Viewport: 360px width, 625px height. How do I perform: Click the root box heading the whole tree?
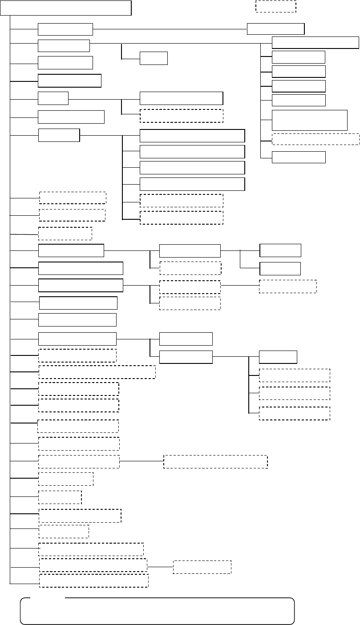coord(66,8)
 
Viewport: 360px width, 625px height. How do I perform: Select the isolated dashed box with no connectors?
coord(275,6)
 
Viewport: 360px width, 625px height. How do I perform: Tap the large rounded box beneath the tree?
coord(157,611)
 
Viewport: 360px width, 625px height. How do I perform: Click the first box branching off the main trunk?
coord(65,29)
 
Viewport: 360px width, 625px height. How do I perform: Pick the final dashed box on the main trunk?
coord(93,581)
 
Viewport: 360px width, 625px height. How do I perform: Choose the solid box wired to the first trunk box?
coord(275,28)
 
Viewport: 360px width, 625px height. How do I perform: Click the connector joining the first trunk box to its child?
coord(169,29)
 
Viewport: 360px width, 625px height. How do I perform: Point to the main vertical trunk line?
coord(9,311)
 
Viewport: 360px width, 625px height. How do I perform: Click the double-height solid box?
coord(309,120)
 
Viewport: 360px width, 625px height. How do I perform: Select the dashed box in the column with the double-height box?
coord(315,139)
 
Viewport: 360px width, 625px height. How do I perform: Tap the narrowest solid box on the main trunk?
coord(53,98)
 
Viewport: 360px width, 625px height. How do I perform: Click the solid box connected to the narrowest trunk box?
coord(181,98)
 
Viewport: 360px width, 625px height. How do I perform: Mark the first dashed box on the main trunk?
coord(73,198)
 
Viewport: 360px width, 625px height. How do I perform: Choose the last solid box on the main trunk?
coord(77,339)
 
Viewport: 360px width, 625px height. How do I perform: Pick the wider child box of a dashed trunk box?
coord(215,462)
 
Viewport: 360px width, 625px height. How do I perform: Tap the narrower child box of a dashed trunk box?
coord(202,567)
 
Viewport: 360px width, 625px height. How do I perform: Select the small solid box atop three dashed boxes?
coord(278,357)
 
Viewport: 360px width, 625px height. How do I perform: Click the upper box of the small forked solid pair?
coord(280,250)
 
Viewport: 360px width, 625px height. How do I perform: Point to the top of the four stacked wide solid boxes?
coord(192,136)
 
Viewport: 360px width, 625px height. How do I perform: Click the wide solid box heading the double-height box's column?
coord(315,42)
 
